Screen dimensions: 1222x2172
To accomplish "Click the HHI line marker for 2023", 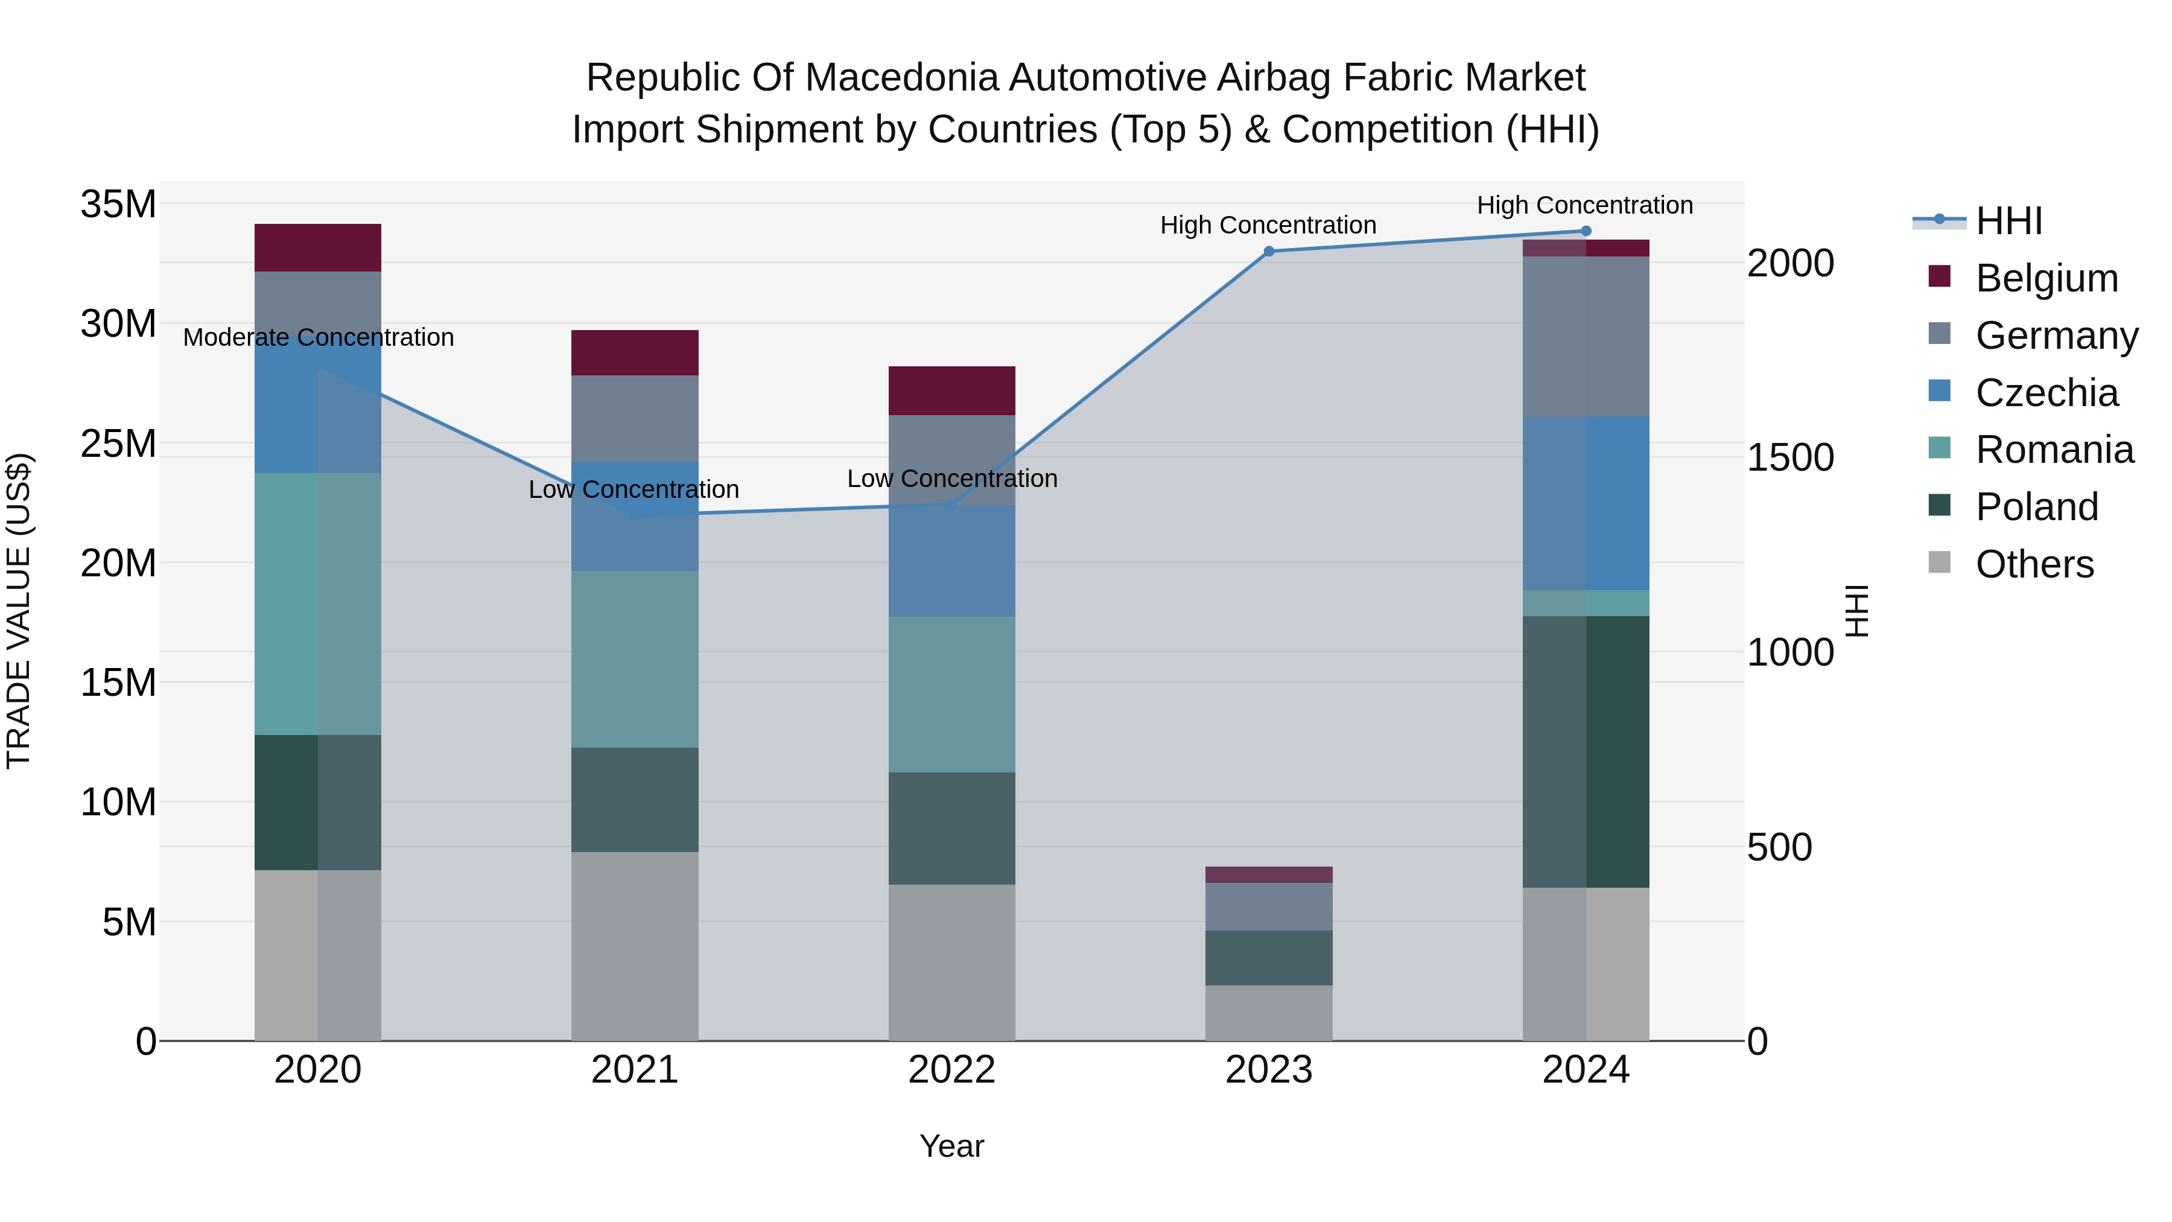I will click(1268, 251).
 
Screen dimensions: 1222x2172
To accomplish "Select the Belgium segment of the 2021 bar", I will click(634, 352).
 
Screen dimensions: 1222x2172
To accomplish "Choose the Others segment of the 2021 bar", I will click(634, 946).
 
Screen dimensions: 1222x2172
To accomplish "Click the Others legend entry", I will click(2034, 564).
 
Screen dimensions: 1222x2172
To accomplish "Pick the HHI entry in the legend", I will click(2008, 221).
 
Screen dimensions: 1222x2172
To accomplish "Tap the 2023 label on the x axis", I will click(1268, 1070).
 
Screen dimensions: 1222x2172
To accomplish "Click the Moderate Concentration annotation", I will click(318, 337).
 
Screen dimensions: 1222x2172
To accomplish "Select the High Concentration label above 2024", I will click(1584, 205).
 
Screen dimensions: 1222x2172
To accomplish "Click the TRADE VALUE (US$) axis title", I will click(19, 611).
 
